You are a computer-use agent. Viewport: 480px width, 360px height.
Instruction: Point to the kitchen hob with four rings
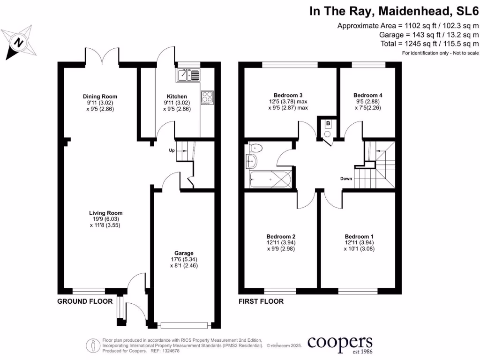click(x=207, y=97)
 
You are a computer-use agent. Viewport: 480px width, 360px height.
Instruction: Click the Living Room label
click(x=105, y=213)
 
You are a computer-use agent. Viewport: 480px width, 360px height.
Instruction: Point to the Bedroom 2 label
click(x=281, y=236)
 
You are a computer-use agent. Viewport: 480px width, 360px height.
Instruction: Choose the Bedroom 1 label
click(x=359, y=236)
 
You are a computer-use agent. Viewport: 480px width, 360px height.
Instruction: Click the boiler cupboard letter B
click(x=328, y=124)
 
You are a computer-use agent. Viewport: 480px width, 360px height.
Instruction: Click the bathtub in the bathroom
click(x=271, y=180)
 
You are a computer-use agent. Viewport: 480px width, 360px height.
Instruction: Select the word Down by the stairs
click(x=346, y=179)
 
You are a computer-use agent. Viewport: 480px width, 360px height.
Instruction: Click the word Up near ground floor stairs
click(x=172, y=150)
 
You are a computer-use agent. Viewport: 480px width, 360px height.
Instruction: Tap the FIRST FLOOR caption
click(x=261, y=301)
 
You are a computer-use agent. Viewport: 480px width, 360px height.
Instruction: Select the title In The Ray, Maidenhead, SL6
click(x=394, y=11)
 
